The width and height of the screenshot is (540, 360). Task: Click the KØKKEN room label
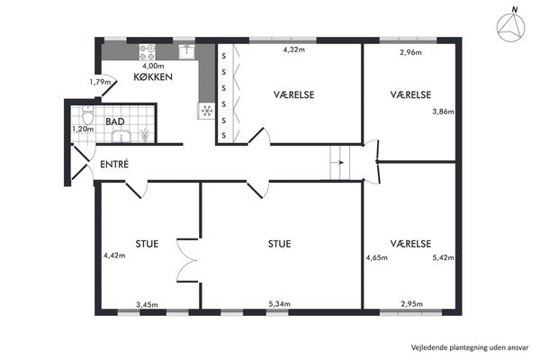click(153, 76)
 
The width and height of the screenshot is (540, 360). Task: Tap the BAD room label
click(115, 121)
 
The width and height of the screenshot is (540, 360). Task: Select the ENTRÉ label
click(114, 165)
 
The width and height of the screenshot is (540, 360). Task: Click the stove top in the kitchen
click(148, 52)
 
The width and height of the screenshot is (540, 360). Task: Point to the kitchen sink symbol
click(187, 51)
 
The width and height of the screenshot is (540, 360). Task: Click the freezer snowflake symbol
click(207, 111)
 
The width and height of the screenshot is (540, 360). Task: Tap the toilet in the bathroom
click(88, 114)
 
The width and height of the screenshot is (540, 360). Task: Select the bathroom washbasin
click(121, 137)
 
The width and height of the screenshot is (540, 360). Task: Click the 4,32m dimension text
click(294, 49)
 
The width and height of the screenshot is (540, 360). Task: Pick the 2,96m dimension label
click(411, 53)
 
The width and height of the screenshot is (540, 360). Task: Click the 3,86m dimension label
click(443, 112)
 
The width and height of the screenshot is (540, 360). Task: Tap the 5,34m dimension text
click(279, 304)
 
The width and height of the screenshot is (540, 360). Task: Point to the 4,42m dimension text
click(114, 256)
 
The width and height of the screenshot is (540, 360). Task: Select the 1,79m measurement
click(100, 82)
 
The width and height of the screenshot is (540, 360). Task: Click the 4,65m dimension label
click(377, 257)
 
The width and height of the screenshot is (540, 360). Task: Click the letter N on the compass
click(515, 10)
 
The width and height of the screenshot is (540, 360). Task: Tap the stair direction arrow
click(340, 163)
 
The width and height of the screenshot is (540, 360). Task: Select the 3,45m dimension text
click(147, 305)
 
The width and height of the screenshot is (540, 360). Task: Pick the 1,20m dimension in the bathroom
click(83, 130)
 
